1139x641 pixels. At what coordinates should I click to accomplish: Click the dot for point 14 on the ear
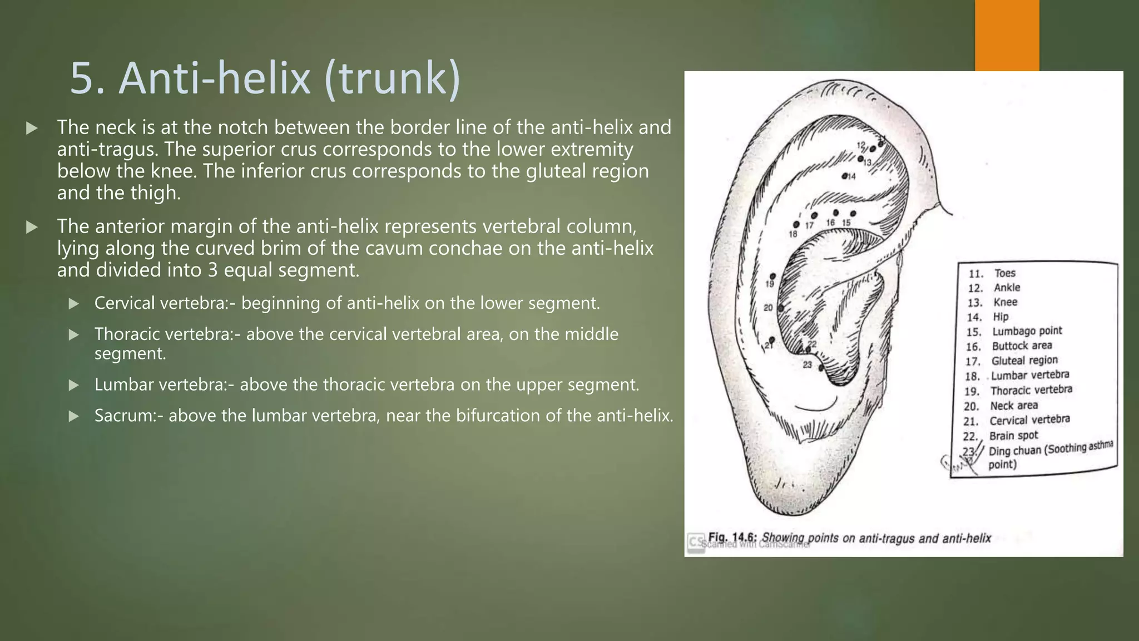click(x=844, y=176)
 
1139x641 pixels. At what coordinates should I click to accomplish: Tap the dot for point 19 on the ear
click(x=773, y=276)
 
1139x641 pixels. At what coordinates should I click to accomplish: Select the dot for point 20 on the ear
click(x=781, y=308)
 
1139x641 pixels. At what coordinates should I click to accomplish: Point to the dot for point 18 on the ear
click(x=796, y=225)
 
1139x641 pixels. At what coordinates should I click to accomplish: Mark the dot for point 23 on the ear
click(x=821, y=368)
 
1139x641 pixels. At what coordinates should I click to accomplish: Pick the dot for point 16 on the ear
click(x=836, y=213)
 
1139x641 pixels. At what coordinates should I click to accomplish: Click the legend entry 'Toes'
click(x=1004, y=273)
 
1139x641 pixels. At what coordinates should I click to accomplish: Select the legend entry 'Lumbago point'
click(x=1027, y=331)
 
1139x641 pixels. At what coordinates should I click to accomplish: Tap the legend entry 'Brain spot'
click(x=1013, y=436)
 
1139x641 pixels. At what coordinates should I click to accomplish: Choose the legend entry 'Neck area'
click(x=1014, y=406)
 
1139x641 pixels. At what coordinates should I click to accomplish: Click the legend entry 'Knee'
click(x=1006, y=302)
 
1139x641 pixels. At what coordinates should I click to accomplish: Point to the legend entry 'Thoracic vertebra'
click(x=1031, y=390)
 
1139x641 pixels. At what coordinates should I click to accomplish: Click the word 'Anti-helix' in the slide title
click(x=215, y=78)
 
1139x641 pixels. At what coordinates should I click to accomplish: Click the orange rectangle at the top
click(x=1007, y=34)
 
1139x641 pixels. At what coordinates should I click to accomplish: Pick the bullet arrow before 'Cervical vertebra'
click(x=73, y=304)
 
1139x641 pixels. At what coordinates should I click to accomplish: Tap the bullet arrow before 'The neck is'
click(x=32, y=129)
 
